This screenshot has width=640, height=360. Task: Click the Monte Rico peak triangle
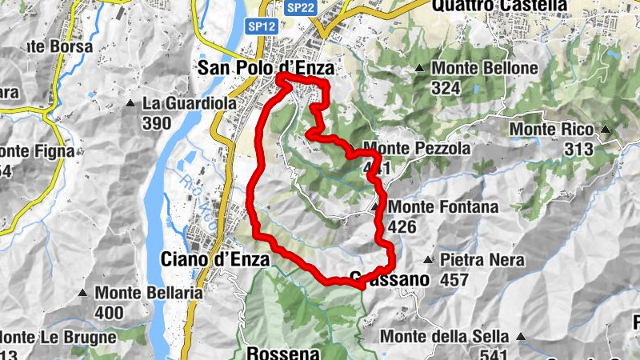(606, 130)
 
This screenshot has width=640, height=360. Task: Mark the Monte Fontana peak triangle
(375, 207)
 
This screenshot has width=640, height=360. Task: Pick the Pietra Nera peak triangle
(428, 260)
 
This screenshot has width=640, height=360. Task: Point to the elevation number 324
(446, 88)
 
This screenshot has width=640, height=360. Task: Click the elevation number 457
(454, 280)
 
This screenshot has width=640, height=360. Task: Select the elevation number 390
(157, 123)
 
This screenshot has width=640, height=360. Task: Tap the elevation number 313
(577, 149)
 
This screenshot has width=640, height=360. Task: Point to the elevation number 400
(110, 313)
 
